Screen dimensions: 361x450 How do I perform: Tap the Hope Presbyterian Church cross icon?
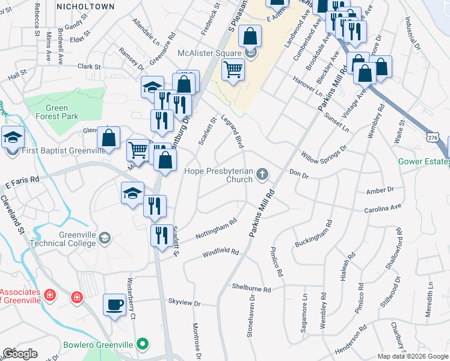(x=262, y=175)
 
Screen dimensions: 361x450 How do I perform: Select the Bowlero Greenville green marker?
(x=143, y=345)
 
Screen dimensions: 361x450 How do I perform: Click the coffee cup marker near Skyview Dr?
(x=114, y=304)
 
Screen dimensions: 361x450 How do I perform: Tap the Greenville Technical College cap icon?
(x=105, y=239)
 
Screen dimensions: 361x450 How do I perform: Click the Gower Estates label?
(x=424, y=162)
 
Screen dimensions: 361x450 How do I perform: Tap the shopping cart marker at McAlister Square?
(x=233, y=70)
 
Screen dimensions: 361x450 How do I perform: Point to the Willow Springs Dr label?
(x=325, y=155)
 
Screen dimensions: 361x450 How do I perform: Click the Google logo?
(x=20, y=354)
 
